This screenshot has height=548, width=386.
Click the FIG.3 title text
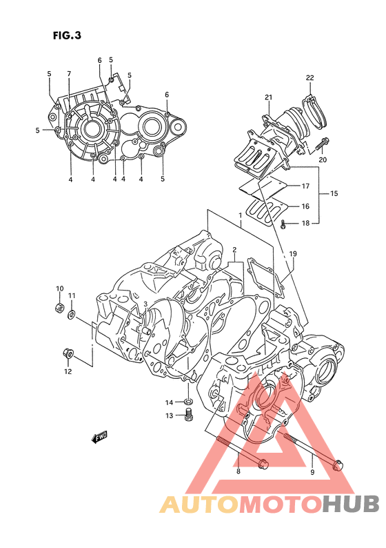pos(67,35)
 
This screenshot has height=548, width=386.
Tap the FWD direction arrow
pos(99,437)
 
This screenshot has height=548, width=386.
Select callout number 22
pos(310,77)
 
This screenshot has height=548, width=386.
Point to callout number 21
pos(268,97)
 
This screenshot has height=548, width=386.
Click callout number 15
pos(334,193)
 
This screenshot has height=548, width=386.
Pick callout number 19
pos(293,254)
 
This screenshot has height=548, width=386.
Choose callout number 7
pos(69,74)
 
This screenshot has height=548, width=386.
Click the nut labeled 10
pos(59,308)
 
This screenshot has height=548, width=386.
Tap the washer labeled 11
pos(71,315)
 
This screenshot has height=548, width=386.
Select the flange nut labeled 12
pos(68,353)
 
